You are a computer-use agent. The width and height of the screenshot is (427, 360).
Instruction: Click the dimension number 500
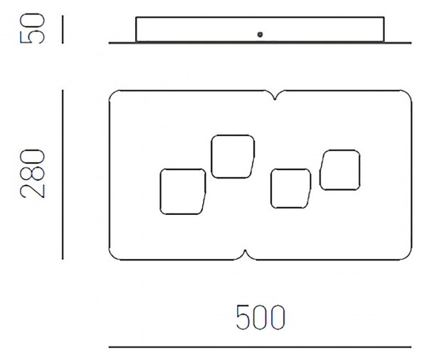pyautogui.click(x=260, y=317)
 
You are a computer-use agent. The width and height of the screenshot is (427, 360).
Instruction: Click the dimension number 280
pyautogui.click(x=32, y=174)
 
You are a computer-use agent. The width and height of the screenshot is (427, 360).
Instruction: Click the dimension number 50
pyautogui.click(x=32, y=28)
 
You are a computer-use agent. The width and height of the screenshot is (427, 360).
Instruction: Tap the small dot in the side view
pyautogui.click(x=260, y=34)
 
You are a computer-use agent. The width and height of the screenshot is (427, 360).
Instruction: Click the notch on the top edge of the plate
pyautogui.click(x=275, y=96)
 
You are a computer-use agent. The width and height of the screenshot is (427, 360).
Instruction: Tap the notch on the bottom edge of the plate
pyautogui.click(x=245, y=254)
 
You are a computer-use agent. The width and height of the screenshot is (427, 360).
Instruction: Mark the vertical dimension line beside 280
pyautogui.click(x=63, y=174)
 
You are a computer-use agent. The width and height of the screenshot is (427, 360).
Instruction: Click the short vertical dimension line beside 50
pyautogui.click(x=63, y=29)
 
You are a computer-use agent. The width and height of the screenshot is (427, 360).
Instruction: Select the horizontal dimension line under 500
pyautogui.click(x=260, y=347)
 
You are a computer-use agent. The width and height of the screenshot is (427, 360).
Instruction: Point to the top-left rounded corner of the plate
pyautogui.click(x=112, y=93)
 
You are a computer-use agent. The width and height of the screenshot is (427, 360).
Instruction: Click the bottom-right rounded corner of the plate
pyautogui.click(x=408, y=257)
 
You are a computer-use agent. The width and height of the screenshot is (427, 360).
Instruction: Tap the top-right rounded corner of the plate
pyautogui.click(x=408, y=93)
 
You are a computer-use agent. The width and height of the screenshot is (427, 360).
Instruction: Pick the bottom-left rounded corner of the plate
pyautogui.click(x=112, y=257)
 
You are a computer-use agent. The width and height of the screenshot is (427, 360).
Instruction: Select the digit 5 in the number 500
pyautogui.click(x=243, y=317)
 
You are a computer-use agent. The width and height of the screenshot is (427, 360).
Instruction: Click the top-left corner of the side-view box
pyautogui.click(x=136, y=17)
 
